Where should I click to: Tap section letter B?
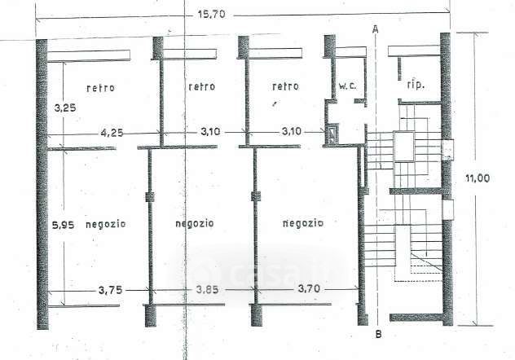click(378, 333)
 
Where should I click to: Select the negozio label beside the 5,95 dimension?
click(105, 226)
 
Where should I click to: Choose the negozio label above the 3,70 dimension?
click(303, 222)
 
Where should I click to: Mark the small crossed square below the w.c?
click(334, 134)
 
